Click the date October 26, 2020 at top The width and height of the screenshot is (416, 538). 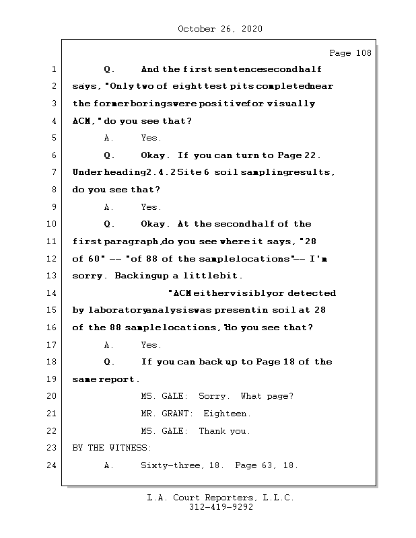[x=220, y=29]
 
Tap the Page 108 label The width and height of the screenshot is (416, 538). [x=350, y=53]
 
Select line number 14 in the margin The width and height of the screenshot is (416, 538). [x=53, y=293]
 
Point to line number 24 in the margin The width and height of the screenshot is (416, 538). [x=53, y=465]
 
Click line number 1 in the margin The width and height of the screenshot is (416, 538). [x=53, y=69]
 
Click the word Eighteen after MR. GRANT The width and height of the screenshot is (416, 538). [x=228, y=414]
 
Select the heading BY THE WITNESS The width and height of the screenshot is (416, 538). [x=112, y=448]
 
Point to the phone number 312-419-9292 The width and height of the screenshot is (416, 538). [x=221, y=508]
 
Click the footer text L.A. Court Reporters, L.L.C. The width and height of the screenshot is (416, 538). [x=221, y=498]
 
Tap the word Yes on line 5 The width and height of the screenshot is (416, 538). [x=151, y=138]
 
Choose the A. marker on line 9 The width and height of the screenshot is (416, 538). [x=109, y=207]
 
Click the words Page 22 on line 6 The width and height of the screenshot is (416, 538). [x=304, y=155]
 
